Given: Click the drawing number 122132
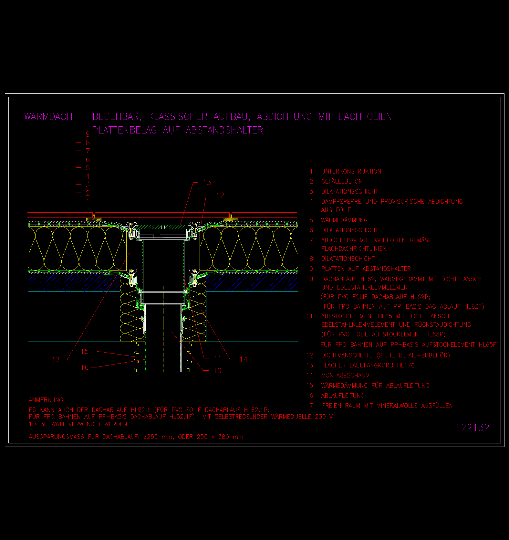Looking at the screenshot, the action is [473, 428].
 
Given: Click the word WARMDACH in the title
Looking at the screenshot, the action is [48, 117].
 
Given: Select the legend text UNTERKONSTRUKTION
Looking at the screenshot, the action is [351, 172].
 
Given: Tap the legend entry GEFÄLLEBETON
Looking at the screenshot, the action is [342, 182].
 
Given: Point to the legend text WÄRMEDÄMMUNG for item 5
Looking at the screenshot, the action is [345, 220].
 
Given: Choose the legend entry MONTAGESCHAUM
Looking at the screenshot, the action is [346, 376].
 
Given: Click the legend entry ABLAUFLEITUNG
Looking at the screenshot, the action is [343, 396].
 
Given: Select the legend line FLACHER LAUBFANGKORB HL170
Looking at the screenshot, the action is [368, 365].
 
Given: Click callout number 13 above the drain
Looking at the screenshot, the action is [207, 183].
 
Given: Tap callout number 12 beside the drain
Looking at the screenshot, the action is [220, 196].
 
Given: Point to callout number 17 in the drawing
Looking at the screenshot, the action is [56, 360].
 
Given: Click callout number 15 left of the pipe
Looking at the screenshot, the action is [85, 352].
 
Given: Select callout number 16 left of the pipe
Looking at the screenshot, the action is [85, 368].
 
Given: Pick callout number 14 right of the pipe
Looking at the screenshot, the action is [244, 359].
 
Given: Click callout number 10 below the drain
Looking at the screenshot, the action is [218, 371].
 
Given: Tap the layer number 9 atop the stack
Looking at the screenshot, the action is [88, 134].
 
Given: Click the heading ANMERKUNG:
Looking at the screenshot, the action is [47, 400].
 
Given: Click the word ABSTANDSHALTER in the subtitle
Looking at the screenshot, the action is [224, 130].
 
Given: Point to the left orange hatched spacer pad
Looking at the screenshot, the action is [94, 220].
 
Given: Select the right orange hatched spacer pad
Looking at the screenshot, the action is [231, 220].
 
